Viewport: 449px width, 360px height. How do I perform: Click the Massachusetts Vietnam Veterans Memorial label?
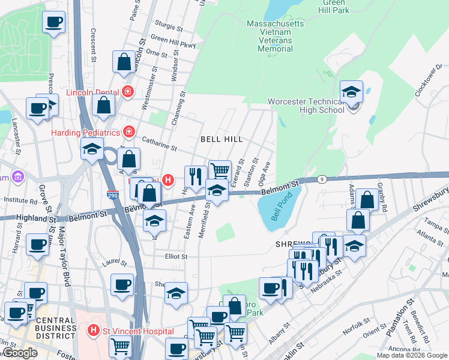(x=276, y=36)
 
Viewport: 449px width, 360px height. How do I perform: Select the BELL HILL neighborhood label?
(x=221, y=139)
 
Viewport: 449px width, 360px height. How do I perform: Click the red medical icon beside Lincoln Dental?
(x=127, y=92)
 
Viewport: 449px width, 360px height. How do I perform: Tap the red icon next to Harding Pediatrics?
(x=128, y=131)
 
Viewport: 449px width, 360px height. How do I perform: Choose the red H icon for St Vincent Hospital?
(x=93, y=330)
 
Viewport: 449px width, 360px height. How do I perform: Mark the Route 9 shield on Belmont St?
(x=322, y=179)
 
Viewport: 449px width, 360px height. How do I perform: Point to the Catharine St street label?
(x=159, y=143)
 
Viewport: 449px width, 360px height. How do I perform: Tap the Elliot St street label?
(x=176, y=256)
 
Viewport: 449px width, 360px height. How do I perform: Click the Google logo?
(x=20, y=353)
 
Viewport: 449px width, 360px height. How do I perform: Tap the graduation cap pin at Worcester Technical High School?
(x=351, y=92)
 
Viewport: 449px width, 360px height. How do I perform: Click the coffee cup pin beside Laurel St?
(x=122, y=284)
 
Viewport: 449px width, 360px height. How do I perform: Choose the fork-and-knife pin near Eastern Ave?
(x=195, y=176)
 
